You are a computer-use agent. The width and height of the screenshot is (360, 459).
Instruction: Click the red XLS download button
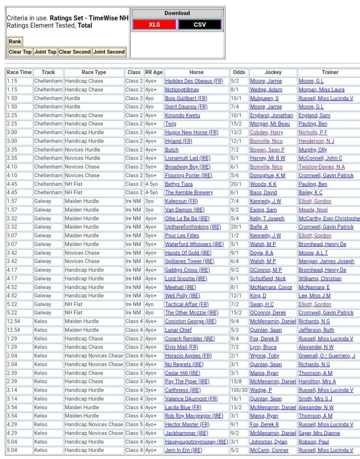click(154, 25)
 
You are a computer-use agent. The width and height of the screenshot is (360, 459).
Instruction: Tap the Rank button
click(15, 41)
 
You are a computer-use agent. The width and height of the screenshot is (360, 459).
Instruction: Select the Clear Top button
click(20, 52)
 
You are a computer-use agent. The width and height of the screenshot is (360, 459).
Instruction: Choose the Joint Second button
click(109, 52)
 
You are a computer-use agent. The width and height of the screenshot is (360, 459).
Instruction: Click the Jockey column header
click(273, 72)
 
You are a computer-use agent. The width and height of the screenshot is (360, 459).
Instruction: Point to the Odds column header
click(239, 72)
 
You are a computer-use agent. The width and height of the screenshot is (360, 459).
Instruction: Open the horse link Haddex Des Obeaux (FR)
click(194, 81)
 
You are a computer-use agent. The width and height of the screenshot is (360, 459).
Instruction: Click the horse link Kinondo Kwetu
click(182, 115)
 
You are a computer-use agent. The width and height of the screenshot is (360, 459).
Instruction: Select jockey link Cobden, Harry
click(266, 133)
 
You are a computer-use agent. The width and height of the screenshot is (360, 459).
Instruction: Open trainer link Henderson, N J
click(317, 141)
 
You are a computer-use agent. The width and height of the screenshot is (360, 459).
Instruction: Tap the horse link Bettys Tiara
click(179, 184)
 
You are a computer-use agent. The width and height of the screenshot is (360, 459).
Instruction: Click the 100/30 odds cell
click(239, 390)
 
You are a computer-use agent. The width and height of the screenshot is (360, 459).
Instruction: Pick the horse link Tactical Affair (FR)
click(187, 304)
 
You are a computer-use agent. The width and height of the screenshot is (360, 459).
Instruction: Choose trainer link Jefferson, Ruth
click(316, 330)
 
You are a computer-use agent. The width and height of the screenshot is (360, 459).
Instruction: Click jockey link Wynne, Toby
click(265, 356)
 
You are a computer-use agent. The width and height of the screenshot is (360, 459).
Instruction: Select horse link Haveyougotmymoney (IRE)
click(196, 442)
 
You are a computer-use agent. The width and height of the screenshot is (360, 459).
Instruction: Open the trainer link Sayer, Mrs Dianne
click(319, 433)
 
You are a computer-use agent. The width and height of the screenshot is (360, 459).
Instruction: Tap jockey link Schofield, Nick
click(268, 279)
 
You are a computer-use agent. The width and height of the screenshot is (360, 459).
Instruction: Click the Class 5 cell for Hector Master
click(134, 424)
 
